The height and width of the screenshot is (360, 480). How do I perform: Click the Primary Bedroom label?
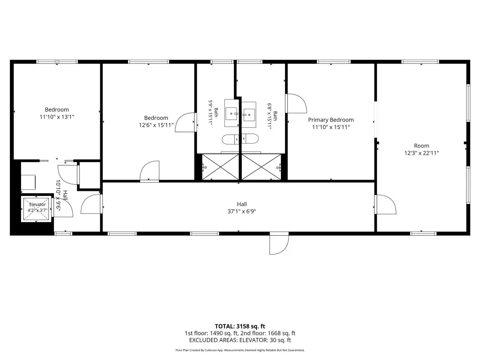pyautogui.click(x=330, y=120)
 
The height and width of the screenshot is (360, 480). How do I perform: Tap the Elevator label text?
pyautogui.click(x=37, y=204)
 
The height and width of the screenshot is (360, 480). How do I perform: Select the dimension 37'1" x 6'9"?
pyautogui.click(x=241, y=211)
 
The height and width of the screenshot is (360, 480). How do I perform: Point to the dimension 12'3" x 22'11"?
pyautogui.click(x=421, y=153)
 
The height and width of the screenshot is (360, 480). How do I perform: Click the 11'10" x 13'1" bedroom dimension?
pyautogui.click(x=57, y=117)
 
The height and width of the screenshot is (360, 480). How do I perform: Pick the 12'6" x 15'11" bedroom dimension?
pyautogui.click(x=156, y=125)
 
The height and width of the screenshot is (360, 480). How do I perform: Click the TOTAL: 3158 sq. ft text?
pyautogui.click(x=240, y=326)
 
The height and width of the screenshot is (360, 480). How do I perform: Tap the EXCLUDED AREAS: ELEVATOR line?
pyautogui.click(x=240, y=340)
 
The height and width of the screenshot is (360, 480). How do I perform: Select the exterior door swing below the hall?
pyautogui.click(x=279, y=243)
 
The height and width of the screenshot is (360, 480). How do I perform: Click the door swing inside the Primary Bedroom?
pyautogui.click(x=296, y=104)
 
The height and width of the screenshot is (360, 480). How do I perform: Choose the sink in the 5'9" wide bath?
pyautogui.click(x=232, y=113)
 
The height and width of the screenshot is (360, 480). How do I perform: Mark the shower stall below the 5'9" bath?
pyautogui.click(x=220, y=167)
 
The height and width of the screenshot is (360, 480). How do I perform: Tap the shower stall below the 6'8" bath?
pyautogui.click(x=261, y=167)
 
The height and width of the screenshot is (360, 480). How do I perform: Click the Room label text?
pyautogui.click(x=421, y=146)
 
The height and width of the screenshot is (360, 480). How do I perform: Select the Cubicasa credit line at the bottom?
pyautogui.click(x=240, y=350)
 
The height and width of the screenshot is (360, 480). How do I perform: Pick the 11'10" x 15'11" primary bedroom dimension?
pyautogui.click(x=330, y=127)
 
